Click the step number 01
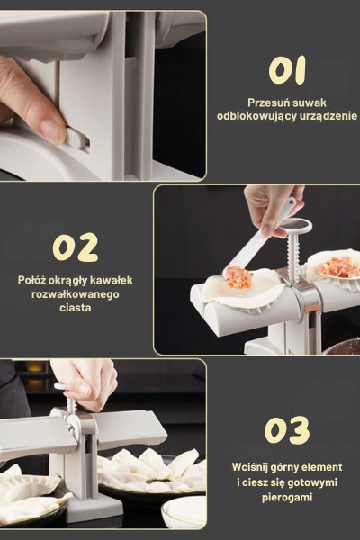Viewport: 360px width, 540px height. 287,70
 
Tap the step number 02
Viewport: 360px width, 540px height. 76,247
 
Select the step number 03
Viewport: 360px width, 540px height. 287,429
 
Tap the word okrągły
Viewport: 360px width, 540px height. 67,280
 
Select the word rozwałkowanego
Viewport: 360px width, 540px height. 76,295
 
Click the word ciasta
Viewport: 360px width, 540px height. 76,308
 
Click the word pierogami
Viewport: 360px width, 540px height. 287,498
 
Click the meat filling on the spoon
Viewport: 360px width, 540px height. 238,276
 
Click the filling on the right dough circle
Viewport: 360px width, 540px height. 334,267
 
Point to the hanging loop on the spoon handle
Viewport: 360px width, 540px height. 291,202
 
